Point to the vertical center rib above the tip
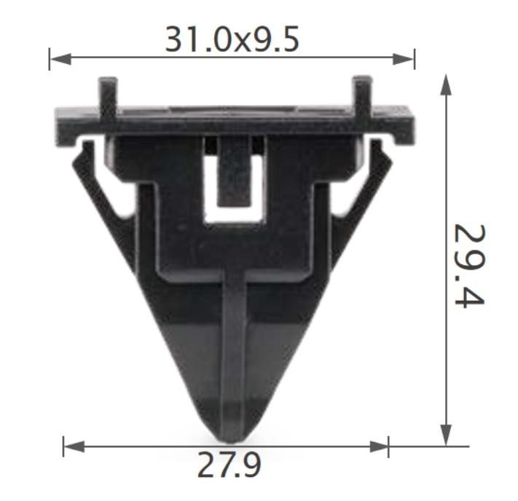coord(234,342)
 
